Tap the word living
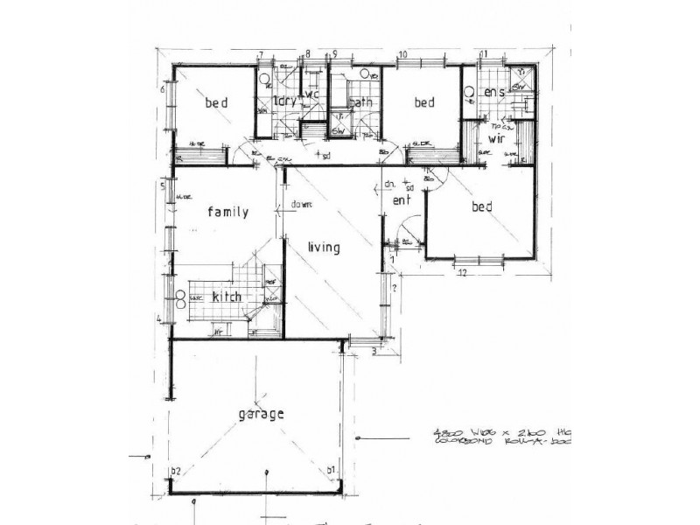coord(323,248)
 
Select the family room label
coord(228,212)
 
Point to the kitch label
coord(227,297)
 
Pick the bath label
coord(360,102)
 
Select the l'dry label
coord(284,101)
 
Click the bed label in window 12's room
coord(482,207)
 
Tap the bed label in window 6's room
coord(216,103)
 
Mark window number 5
coord(163,185)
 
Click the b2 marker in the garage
coord(175,472)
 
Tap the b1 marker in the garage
coord(332,471)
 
